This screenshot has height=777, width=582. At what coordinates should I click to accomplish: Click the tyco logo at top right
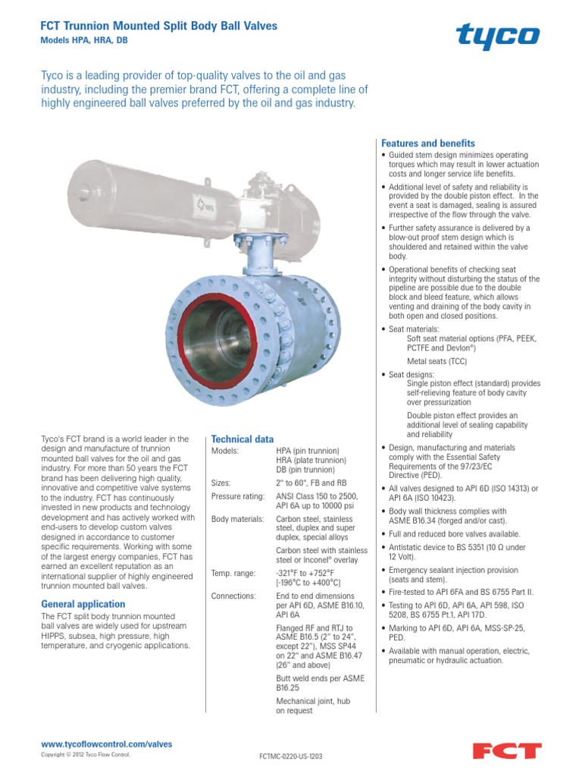click(497, 36)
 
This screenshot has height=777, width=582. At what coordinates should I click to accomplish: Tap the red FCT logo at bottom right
click(507, 750)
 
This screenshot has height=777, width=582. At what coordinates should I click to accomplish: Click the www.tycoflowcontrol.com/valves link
click(106, 744)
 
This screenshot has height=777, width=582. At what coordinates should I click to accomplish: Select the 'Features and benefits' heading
click(427, 143)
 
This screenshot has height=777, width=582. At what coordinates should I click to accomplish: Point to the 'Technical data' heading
click(242, 439)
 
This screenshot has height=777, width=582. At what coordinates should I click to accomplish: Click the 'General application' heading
click(83, 604)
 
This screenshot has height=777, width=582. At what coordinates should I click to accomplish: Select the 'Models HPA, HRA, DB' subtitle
click(83, 41)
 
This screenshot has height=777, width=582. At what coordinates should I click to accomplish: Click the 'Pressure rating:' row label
click(237, 497)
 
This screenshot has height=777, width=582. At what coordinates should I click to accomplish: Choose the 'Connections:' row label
click(233, 596)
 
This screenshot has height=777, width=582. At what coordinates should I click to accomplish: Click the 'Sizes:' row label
click(221, 483)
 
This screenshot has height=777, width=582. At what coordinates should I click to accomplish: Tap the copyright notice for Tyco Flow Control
click(86, 756)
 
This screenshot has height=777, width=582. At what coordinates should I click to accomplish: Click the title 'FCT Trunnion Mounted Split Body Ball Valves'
click(158, 26)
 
